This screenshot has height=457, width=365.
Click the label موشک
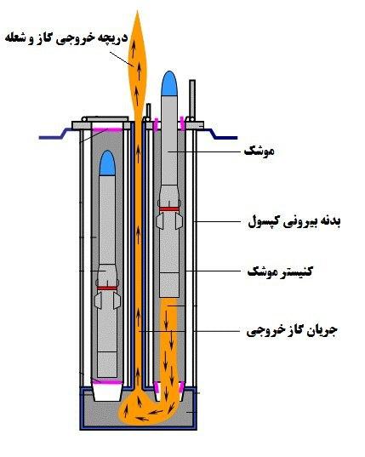tap(259, 151)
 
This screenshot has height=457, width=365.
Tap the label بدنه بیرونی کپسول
tap(294, 222)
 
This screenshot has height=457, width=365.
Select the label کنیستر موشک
tap(280, 272)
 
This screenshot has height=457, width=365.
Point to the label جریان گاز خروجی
tap(292, 331)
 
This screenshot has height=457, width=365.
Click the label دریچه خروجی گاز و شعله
tap(66, 39)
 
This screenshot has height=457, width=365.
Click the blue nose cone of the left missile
tap(107, 163)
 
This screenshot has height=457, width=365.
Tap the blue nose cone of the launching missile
tap(169, 84)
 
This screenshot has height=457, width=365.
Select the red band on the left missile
tap(107, 288)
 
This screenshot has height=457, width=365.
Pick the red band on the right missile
tap(169, 209)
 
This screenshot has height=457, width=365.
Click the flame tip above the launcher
tap(137, 12)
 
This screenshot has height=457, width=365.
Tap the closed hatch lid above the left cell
tap(108, 119)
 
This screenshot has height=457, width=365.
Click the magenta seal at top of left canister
tap(107, 129)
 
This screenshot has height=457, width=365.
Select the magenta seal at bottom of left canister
tap(107, 382)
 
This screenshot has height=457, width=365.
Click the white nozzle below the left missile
tap(107, 392)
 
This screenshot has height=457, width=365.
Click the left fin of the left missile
tap(98, 300)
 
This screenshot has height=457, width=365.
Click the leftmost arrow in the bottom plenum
tap(126, 412)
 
